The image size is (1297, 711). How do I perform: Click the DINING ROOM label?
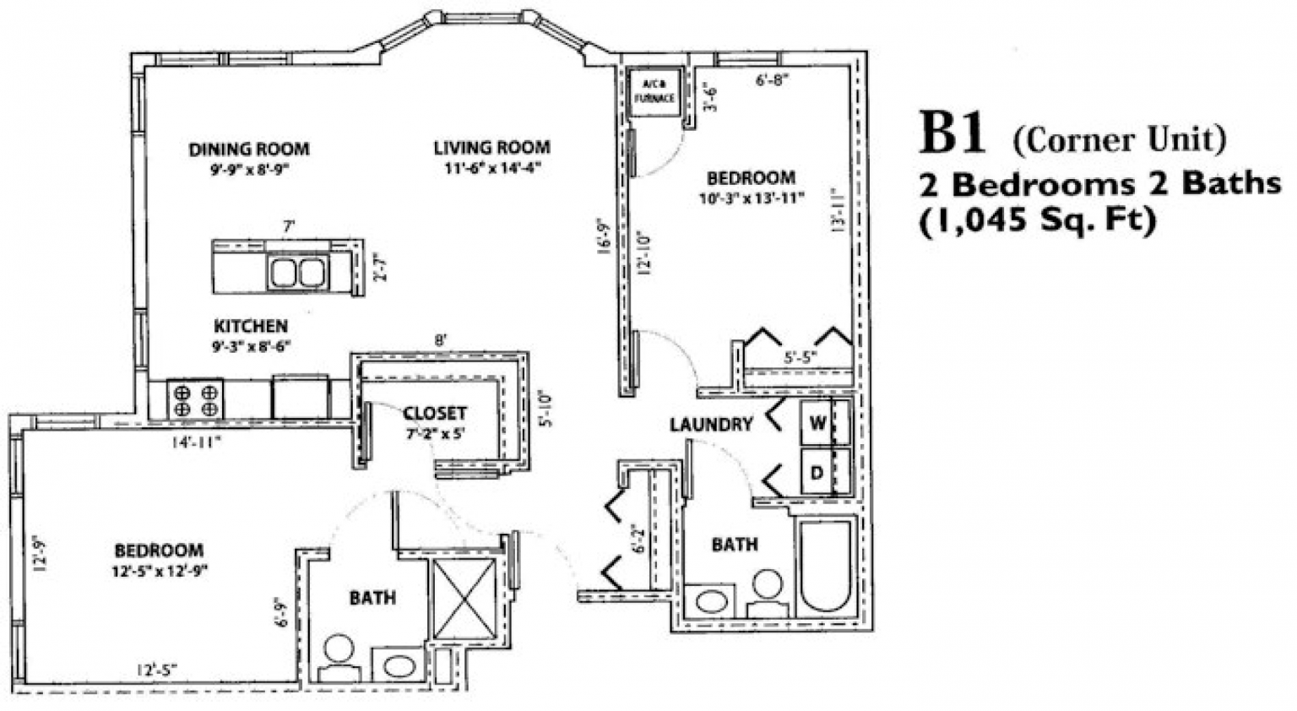249,149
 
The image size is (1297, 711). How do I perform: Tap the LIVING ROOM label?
491,148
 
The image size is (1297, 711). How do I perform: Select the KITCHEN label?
250,326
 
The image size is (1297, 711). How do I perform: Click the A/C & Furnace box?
654,90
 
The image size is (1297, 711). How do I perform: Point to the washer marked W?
817,424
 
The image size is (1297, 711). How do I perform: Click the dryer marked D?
817,473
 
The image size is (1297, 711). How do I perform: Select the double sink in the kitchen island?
297,272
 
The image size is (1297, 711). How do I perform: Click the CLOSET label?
435,413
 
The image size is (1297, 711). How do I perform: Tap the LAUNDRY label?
711,424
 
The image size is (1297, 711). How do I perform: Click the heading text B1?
952,135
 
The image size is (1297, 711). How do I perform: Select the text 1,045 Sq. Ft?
1036,221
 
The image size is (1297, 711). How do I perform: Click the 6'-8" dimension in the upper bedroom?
772,81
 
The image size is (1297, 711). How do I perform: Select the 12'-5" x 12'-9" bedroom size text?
160,570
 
